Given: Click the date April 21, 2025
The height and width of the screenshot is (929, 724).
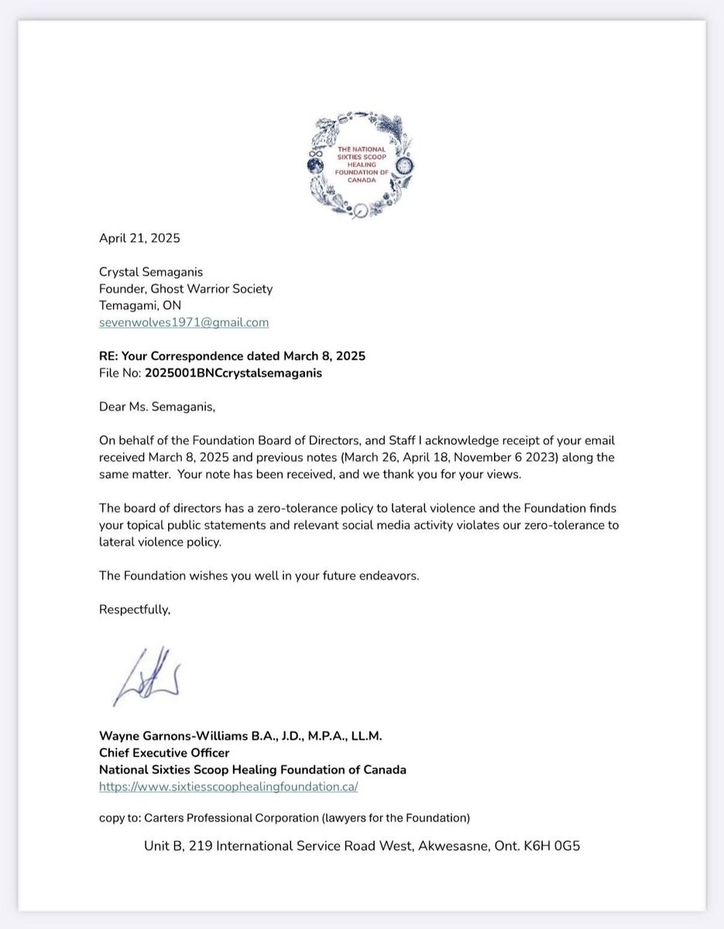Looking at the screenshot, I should tap(139, 238).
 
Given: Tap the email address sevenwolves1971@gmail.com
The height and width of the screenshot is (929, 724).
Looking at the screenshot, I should tap(184, 322).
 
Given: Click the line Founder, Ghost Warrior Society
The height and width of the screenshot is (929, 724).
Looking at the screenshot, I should tap(186, 289).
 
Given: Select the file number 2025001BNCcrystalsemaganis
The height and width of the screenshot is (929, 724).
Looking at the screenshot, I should tap(233, 373).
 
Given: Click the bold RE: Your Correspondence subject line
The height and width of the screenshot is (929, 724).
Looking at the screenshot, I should tap(232, 356).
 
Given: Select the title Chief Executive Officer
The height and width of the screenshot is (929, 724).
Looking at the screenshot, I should tap(164, 752).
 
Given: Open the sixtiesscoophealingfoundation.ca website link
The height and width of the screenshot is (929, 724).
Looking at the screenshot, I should tap(228, 787).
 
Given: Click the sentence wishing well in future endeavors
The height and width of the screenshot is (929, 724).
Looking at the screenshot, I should tap(259, 576).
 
